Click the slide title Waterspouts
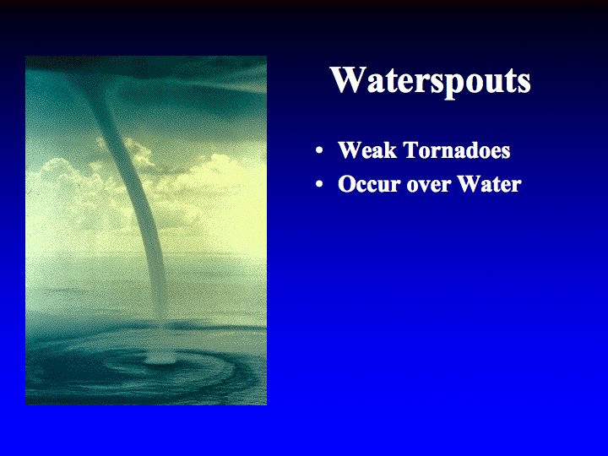pyautogui.click(x=430, y=81)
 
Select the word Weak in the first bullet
pyautogui.click(x=367, y=150)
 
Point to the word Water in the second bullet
pyautogui.click(x=489, y=184)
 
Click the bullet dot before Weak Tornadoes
pyautogui.click(x=319, y=151)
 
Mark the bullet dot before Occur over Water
pyautogui.click(x=319, y=185)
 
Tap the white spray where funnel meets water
pyautogui.click(x=160, y=357)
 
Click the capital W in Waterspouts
pyautogui.click(x=348, y=80)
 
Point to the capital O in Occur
pyautogui.click(x=346, y=184)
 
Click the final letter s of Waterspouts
pyautogui.click(x=524, y=84)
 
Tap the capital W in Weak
pyautogui.click(x=350, y=150)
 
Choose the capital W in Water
pyautogui.click(x=470, y=184)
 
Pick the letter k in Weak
pyautogui.click(x=390, y=150)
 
